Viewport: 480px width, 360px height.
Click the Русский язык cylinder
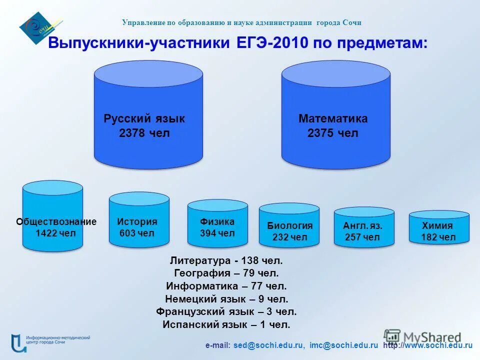148,115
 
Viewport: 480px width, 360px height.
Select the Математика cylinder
335,115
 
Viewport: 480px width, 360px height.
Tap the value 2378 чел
144,133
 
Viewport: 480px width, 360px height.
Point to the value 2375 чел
333,133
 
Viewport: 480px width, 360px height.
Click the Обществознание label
56,221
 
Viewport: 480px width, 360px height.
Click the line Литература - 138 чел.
226,260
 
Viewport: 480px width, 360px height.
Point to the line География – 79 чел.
226,273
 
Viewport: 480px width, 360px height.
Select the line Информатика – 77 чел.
226,286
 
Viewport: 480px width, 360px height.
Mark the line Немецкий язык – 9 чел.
226,299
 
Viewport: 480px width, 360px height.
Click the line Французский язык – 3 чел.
226,311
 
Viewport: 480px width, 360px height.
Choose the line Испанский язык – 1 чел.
226,324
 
